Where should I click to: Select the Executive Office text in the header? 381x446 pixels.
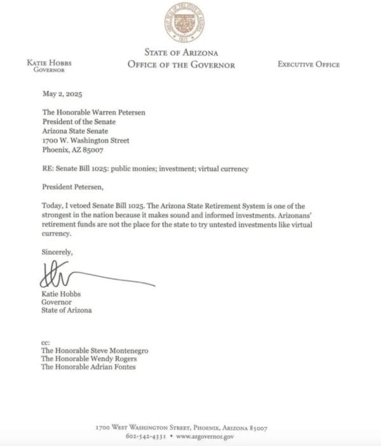(308, 64)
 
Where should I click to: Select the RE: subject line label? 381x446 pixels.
(47, 170)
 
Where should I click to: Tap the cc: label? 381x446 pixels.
(45, 342)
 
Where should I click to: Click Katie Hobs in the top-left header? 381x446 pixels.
(50, 63)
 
